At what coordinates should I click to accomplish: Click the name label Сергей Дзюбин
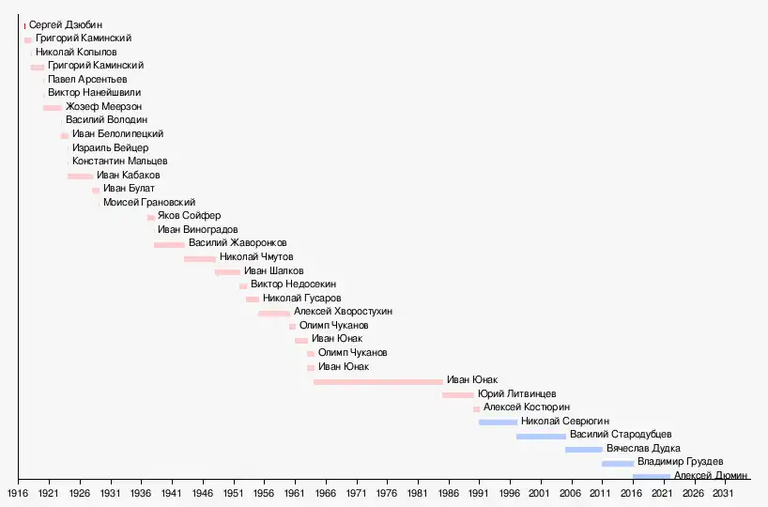pyautogui.click(x=66, y=24)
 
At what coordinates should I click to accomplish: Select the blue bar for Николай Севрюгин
pyautogui.click(x=498, y=422)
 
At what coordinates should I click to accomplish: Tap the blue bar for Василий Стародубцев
pyautogui.click(x=541, y=436)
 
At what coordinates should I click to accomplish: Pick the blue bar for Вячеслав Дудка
pyautogui.click(x=583, y=450)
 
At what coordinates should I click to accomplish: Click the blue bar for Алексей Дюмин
pyautogui.click(x=652, y=477)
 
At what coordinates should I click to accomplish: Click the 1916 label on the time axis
pyautogui.click(x=18, y=492)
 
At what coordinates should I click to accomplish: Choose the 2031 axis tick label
pyautogui.click(x=723, y=492)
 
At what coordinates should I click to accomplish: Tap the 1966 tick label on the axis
pyautogui.click(x=325, y=492)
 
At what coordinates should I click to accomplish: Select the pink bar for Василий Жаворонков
pyautogui.click(x=169, y=245)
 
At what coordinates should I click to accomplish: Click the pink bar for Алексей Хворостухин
pyautogui.click(x=274, y=313)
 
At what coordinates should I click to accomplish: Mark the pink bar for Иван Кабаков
pyautogui.click(x=80, y=177)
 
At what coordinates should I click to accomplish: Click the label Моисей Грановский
pyautogui.click(x=148, y=203)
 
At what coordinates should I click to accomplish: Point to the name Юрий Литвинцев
pyautogui.click(x=516, y=393)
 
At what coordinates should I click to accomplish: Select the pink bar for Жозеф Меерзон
pyautogui.click(x=52, y=108)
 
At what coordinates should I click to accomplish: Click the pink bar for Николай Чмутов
pyautogui.click(x=199, y=258)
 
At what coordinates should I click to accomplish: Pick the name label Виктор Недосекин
pyautogui.click(x=293, y=284)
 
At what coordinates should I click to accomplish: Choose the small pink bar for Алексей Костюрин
pyautogui.click(x=476, y=408)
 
